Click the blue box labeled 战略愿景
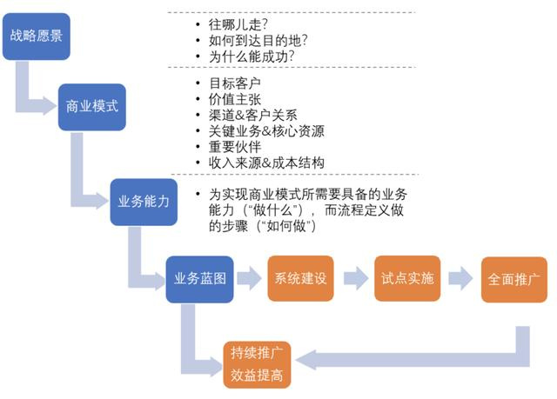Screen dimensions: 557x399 (x=37, y=37)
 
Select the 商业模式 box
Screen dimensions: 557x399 (x=92, y=107)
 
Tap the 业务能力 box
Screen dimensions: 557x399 (x=144, y=202)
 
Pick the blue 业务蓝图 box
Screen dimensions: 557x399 (x=199, y=279)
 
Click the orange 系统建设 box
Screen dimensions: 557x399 (x=300, y=278)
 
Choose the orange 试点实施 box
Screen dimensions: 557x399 (x=407, y=278)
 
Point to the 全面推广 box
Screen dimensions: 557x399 (x=514, y=280)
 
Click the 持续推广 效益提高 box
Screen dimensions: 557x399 (x=257, y=364)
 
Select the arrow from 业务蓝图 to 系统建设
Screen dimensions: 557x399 (x=250, y=278)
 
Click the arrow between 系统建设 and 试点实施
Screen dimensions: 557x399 (x=356, y=278)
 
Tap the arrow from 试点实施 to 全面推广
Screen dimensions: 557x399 (x=460, y=278)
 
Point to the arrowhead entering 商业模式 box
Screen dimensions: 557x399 (x=50, y=105)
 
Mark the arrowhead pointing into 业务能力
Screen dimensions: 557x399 (x=102, y=201)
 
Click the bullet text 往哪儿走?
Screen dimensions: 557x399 (x=238, y=25)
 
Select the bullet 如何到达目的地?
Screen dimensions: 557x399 (x=258, y=41)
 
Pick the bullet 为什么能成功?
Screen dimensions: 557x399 (x=252, y=57)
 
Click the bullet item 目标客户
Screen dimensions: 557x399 (x=235, y=83)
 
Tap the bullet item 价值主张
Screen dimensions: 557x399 (x=235, y=100)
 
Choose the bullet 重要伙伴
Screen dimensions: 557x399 (x=235, y=147)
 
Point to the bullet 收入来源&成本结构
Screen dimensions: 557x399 (x=266, y=163)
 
